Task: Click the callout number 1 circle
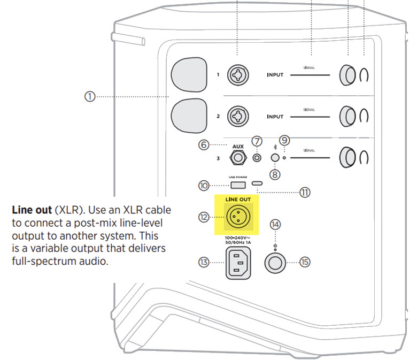(89, 96)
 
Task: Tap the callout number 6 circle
(203, 145)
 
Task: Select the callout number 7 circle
(258, 142)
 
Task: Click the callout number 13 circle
(203, 263)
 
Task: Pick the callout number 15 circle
(305, 263)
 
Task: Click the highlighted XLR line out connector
(236, 217)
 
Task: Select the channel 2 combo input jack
(236, 116)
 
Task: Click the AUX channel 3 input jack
(237, 158)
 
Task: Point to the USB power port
(238, 185)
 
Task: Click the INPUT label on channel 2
(275, 116)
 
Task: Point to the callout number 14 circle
(275, 224)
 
